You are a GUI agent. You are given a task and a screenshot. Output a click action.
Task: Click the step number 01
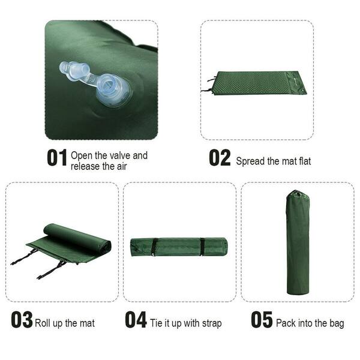click(57, 158)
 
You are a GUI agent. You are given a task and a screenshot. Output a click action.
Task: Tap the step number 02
click(220, 158)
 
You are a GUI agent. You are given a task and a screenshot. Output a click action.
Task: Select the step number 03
click(22, 320)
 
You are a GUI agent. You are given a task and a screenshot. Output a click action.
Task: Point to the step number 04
click(136, 320)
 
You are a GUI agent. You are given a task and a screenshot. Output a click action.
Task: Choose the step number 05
click(262, 320)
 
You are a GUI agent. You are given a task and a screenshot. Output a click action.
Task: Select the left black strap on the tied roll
click(154, 246)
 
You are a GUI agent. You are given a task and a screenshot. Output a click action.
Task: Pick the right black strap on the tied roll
click(202, 246)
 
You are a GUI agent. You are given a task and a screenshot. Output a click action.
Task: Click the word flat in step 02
click(303, 161)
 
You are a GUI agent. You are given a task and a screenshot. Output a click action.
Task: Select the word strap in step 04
click(211, 323)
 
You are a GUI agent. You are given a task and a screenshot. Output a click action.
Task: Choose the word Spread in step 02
click(250, 161)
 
